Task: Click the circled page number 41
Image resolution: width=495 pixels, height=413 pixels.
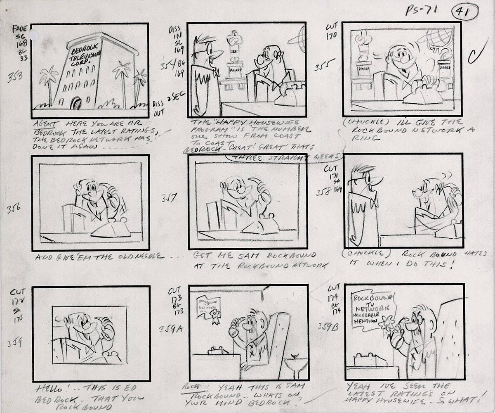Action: tap(465, 12)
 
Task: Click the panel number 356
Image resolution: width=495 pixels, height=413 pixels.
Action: tap(15, 209)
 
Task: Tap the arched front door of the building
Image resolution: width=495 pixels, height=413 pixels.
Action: tap(77, 103)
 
